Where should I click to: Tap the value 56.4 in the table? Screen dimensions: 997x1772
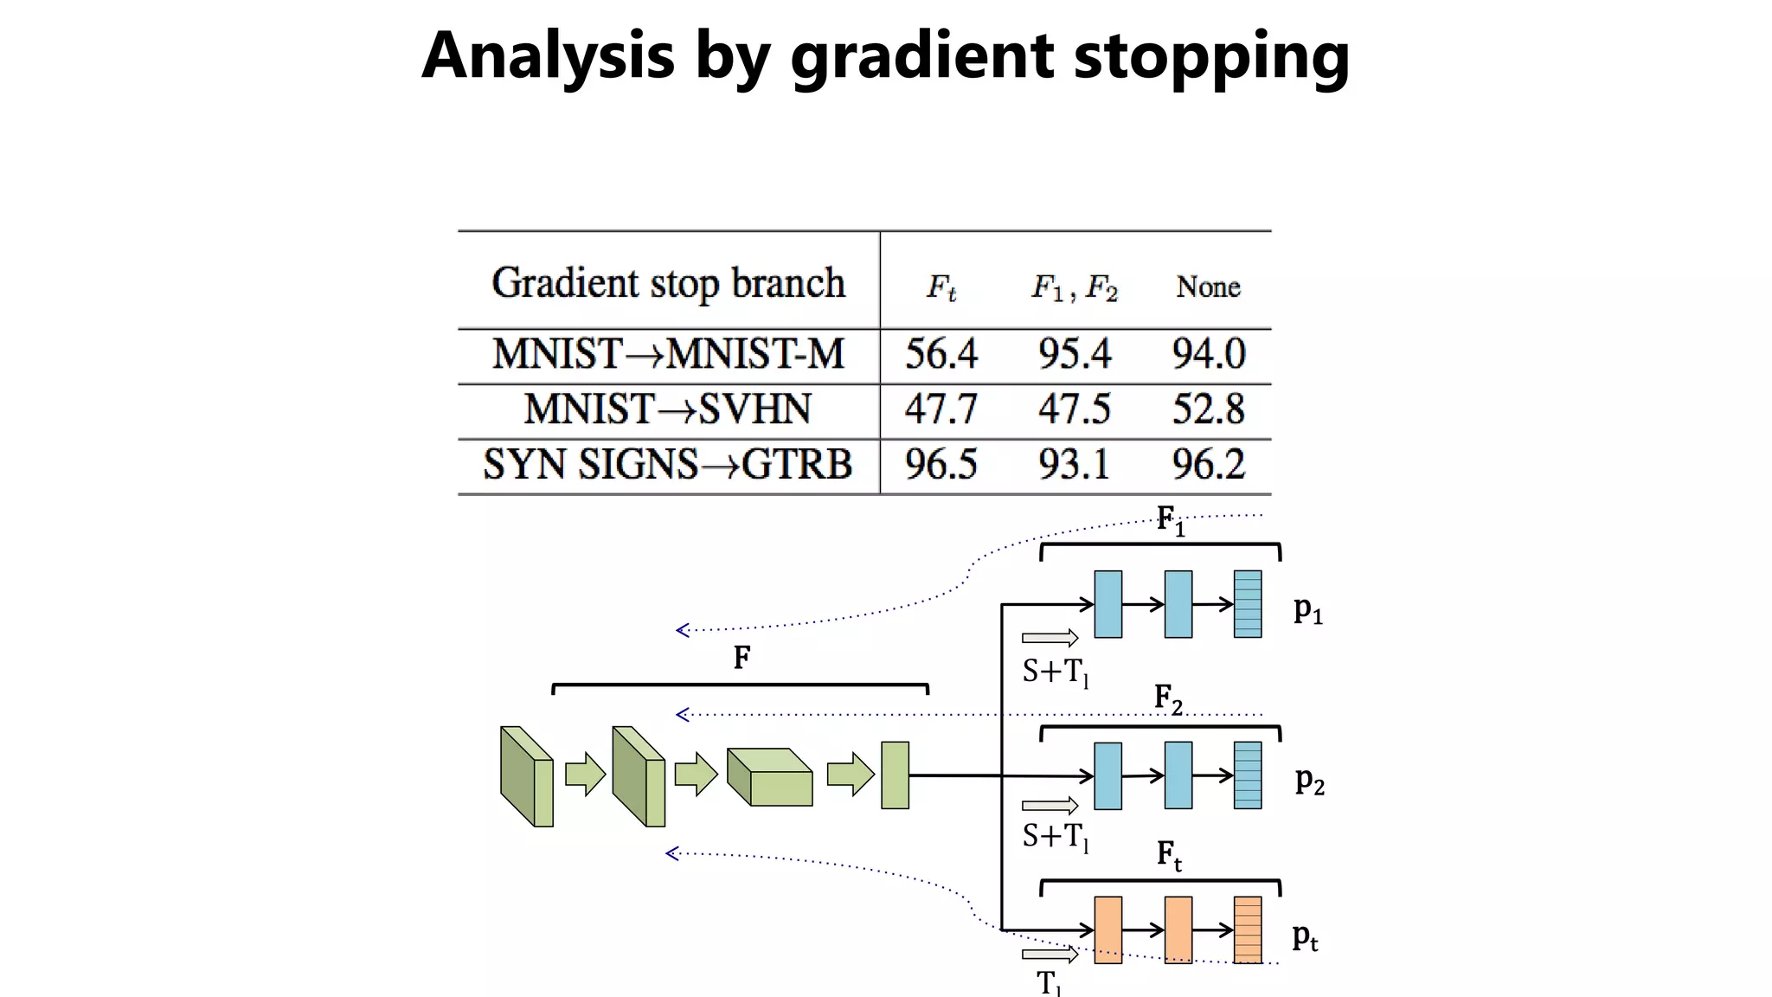click(941, 354)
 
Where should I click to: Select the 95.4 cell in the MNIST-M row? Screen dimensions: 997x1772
click(1074, 354)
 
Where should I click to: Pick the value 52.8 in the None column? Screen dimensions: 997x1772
click(1208, 409)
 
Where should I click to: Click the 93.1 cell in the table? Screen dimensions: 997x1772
click(1074, 465)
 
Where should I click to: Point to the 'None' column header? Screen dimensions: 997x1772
click(1208, 286)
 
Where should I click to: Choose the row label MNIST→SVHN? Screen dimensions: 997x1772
click(667, 409)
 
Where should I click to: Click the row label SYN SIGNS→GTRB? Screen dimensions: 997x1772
click(667, 465)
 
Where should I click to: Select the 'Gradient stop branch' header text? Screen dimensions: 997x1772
click(668, 283)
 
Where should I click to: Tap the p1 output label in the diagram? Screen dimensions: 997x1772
click(1307, 610)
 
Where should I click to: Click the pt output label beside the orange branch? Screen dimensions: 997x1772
click(1305, 937)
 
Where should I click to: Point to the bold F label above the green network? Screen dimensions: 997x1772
click(742, 659)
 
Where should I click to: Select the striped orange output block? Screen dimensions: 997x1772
click(1247, 930)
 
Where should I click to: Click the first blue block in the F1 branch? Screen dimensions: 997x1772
click(1107, 604)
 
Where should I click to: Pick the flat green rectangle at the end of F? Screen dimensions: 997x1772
click(895, 775)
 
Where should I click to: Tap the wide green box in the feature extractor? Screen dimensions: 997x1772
click(770, 778)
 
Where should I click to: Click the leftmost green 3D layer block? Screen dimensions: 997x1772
click(526, 776)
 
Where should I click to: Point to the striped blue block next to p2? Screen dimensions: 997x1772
click(1247, 775)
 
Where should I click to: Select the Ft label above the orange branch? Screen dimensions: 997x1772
click(1169, 855)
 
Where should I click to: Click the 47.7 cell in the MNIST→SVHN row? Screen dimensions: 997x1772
click(941, 409)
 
